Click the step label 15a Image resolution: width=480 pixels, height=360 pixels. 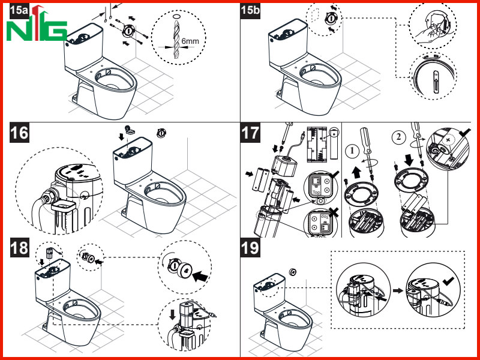[19, 10]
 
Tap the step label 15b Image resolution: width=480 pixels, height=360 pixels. [250, 10]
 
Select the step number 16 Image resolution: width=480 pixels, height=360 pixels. [19, 133]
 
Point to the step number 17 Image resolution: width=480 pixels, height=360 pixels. [250, 133]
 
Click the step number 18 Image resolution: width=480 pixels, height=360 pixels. [19, 247]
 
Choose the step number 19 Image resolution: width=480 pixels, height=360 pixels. [250, 247]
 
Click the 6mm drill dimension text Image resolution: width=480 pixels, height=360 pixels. [190, 41]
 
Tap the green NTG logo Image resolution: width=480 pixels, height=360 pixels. [37, 24]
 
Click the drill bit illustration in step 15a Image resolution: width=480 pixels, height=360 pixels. [176, 38]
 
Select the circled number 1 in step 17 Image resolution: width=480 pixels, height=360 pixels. [352, 151]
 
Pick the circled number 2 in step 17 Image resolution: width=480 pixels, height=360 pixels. [398, 137]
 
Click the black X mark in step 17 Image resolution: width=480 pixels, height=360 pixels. [333, 213]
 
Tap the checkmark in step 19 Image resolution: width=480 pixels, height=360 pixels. [448, 280]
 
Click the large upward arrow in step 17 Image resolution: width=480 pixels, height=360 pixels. [356, 172]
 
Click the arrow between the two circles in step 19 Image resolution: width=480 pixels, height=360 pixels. [398, 290]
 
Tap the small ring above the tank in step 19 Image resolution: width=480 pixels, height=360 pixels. [293, 271]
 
